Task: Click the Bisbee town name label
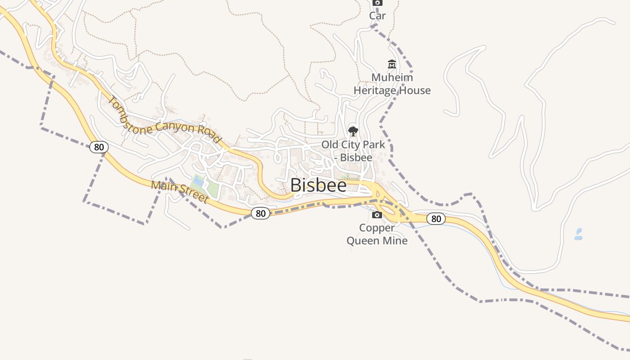pyautogui.click(x=319, y=185)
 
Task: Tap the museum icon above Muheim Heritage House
pyautogui.click(x=391, y=64)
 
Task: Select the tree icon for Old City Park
pyautogui.click(x=353, y=131)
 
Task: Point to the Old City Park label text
pyautogui.click(x=353, y=145)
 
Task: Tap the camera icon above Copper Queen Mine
pyautogui.click(x=377, y=215)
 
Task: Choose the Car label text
pyautogui.click(x=377, y=16)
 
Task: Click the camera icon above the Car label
pyautogui.click(x=377, y=2)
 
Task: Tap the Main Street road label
pyautogui.click(x=180, y=192)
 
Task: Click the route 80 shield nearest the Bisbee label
pyautogui.click(x=261, y=213)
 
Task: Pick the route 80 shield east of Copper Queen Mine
pyautogui.click(x=436, y=219)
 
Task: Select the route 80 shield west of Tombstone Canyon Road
pyautogui.click(x=99, y=147)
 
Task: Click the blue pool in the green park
pyautogui.click(x=198, y=181)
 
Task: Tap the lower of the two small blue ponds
pyautogui.click(x=578, y=238)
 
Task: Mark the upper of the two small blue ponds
pyautogui.click(x=579, y=231)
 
